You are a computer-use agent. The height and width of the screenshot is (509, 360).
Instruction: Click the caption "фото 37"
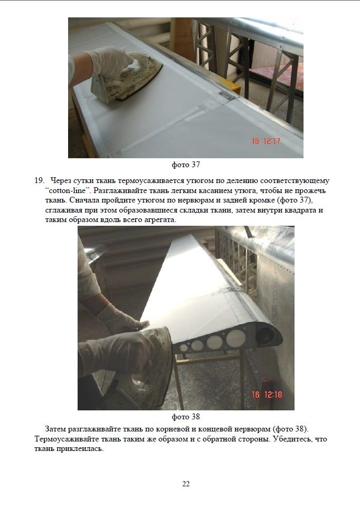click(x=185, y=165)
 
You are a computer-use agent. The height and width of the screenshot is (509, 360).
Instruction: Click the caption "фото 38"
click(x=185, y=417)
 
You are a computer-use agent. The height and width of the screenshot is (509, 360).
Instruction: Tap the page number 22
click(x=186, y=484)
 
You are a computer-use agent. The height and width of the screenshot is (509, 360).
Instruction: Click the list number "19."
click(x=39, y=180)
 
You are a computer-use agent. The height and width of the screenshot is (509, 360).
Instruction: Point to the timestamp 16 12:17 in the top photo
click(x=266, y=141)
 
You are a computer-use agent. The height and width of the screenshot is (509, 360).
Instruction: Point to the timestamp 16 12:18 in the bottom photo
click(x=267, y=395)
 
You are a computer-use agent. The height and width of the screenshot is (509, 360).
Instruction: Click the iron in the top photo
click(x=125, y=79)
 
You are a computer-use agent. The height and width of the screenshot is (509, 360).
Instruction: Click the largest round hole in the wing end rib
click(x=236, y=339)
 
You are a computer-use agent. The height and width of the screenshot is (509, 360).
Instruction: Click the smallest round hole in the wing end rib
click(x=184, y=348)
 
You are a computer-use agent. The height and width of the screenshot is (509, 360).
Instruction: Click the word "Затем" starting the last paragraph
click(x=55, y=429)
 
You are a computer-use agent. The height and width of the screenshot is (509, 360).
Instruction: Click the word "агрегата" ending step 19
click(x=160, y=220)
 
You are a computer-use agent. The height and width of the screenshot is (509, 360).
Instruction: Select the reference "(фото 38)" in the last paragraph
click(x=290, y=429)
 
